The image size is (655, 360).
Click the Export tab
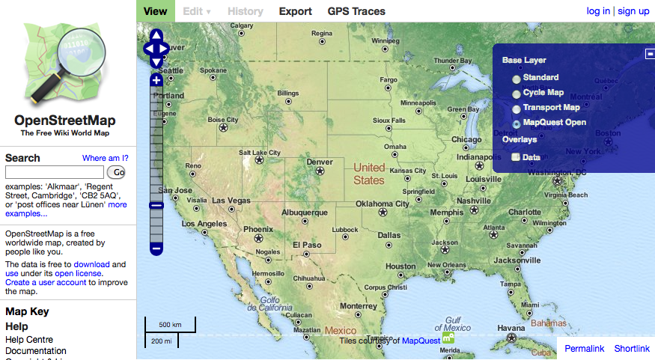(x=295, y=11)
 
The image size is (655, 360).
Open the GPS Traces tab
(x=356, y=11)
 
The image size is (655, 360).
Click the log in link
(x=598, y=11)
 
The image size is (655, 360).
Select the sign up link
(x=633, y=11)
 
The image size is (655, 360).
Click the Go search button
(x=119, y=172)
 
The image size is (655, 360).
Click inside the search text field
(x=54, y=172)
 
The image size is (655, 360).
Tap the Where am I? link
(x=105, y=158)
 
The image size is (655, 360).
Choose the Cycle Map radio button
(x=517, y=94)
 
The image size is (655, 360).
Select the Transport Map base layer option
(x=517, y=109)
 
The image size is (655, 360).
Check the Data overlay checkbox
(x=516, y=157)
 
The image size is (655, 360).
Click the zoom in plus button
(x=156, y=80)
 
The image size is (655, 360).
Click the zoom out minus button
(x=156, y=248)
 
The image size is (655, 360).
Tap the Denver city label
(x=320, y=162)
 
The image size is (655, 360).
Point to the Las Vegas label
(x=231, y=201)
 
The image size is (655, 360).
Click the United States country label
(x=369, y=174)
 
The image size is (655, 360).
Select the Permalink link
(x=584, y=349)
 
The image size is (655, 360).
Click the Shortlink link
(x=632, y=349)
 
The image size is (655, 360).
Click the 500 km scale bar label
(x=170, y=325)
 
